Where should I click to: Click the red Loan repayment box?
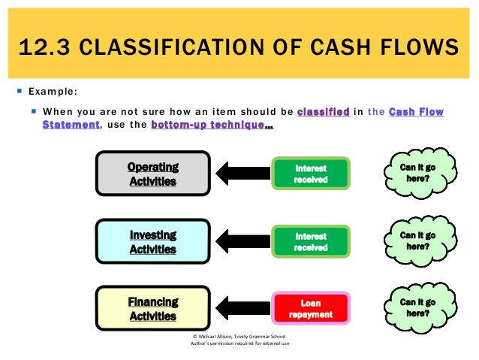point(311,309)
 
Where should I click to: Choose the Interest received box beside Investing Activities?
point(311,241)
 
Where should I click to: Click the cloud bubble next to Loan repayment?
point(418,307)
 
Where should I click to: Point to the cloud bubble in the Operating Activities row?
point(418,174)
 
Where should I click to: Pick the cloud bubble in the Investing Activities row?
point(418,241)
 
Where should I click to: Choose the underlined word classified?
point(323,112)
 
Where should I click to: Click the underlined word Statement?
point(71,125)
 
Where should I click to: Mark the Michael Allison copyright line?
point(240,337)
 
